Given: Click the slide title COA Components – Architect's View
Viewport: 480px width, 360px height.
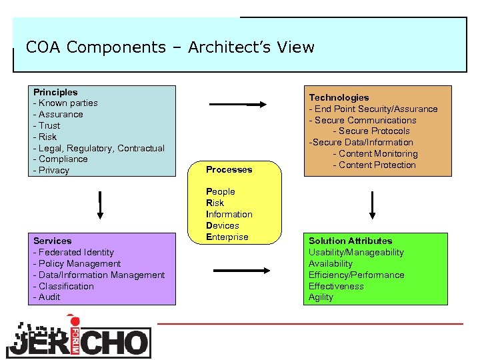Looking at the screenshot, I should coord(169,47).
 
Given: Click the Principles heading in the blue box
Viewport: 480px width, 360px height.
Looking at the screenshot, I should coord(55,92).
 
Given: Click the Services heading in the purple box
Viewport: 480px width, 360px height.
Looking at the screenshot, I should coord(52,241).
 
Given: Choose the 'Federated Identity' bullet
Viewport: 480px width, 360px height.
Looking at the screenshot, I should coord(74,252).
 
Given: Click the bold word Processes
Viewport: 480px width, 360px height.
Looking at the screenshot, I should coord(229,169).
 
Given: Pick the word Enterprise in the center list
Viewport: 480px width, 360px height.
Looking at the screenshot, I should coord(227,237).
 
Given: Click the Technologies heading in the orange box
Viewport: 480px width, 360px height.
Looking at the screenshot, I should coord(339,97).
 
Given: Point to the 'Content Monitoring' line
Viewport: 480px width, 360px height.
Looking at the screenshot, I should coord(375,153).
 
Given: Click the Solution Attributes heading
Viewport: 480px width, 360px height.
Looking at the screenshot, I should coord(350,241).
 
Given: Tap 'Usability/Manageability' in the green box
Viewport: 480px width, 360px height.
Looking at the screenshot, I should coord(356,252).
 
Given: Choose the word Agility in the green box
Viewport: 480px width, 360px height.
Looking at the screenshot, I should coord(321,297).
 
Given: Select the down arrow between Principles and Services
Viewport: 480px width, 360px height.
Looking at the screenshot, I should coord(99,205).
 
